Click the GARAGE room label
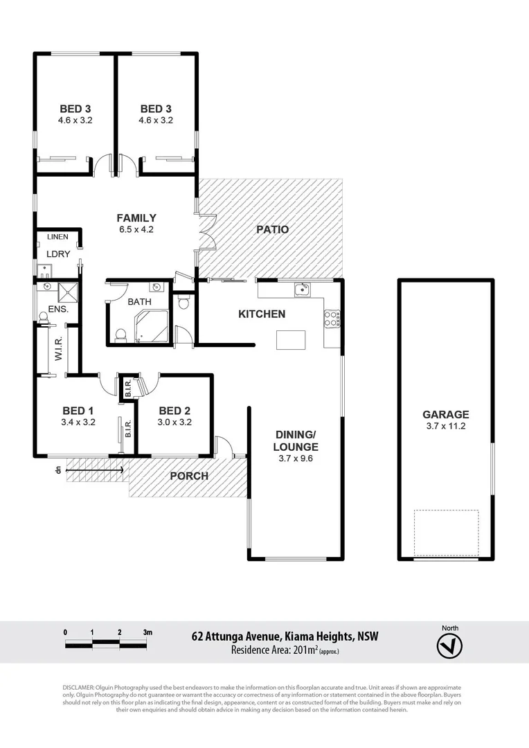(x=446, y=415)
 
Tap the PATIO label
(x=272, y=229)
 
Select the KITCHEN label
(x=262, y=314)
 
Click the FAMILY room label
(x=136, y=217)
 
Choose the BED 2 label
(x=174, y=409)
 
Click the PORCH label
(x=189, y=476)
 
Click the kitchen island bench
(x=290, y=340)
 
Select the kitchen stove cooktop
(x=332, y=317)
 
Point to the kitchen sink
(x=302, y=290)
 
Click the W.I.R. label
(x=59, y=350)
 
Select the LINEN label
(x=57, y=237)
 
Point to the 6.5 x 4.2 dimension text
(x=136, y=229)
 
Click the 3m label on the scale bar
(x=147, y=632)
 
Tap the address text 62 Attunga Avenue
(x=235, y=636)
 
